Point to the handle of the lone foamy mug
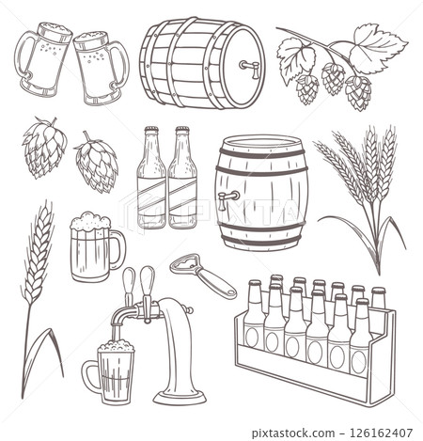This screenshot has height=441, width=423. [117, 250]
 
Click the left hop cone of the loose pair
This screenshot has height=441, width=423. [44, 148]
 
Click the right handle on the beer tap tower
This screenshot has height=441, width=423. [148, 282]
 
